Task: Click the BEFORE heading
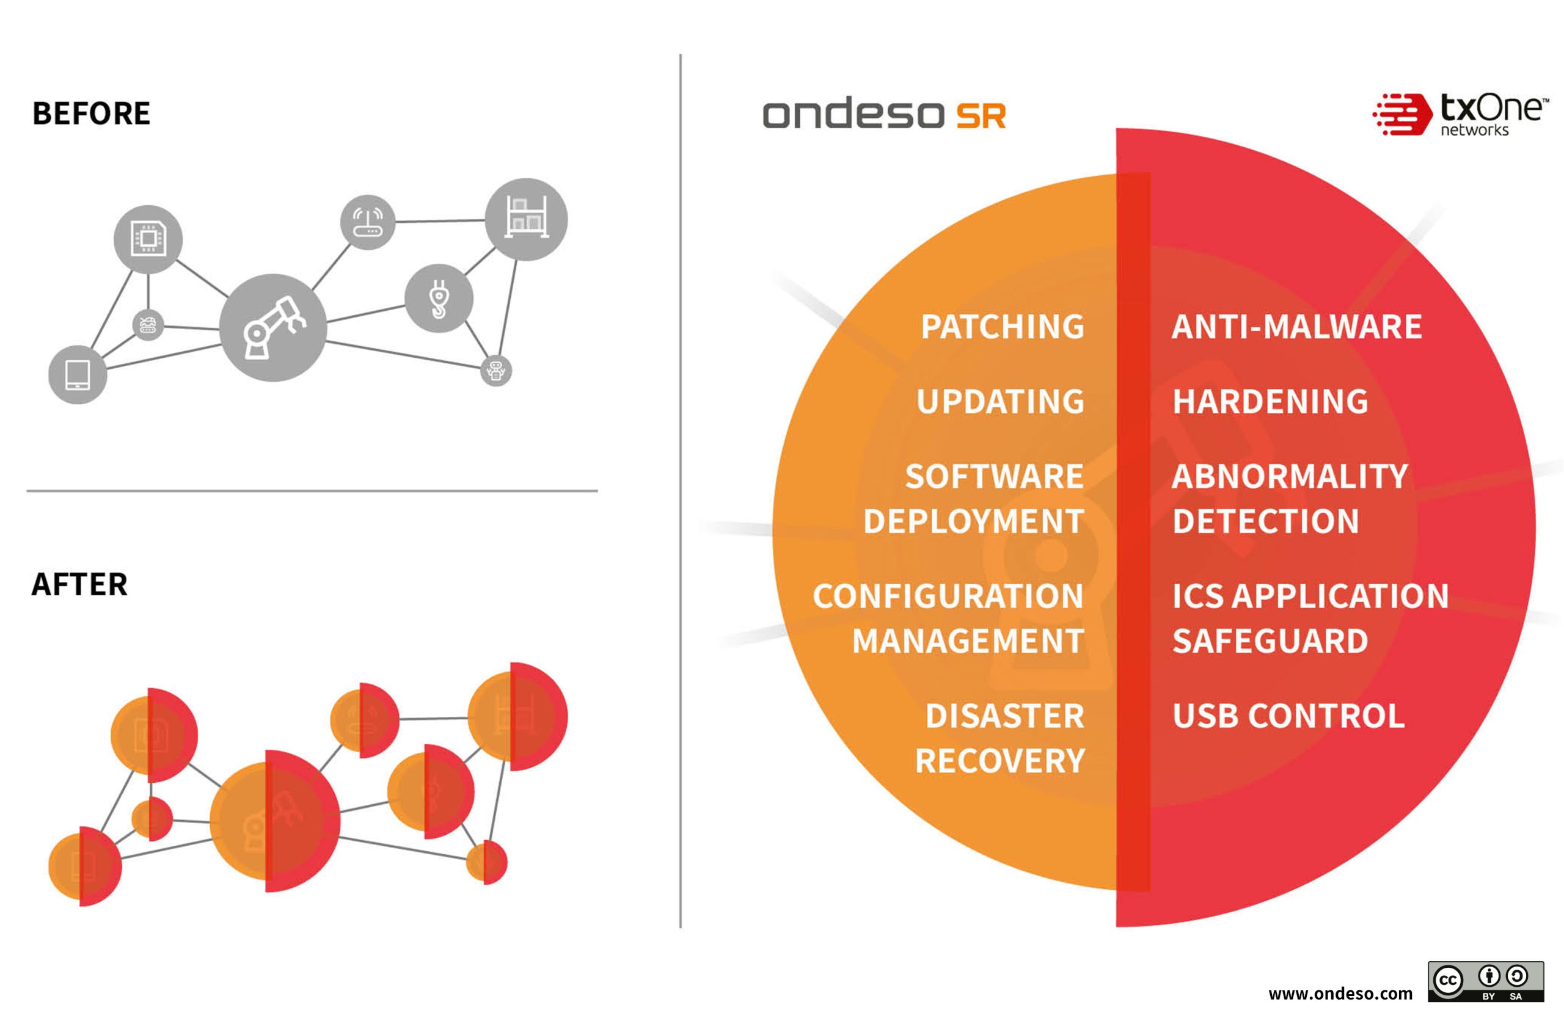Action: (x=92, y=114)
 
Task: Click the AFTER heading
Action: (x=79, y=584)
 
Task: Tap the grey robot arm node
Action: (x=272, y=327)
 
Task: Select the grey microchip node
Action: (x=148, y=238)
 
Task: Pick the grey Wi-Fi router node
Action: (x=367, y=222)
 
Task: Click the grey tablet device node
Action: (x=78, y=374)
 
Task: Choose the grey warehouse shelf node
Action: (x=527, y=219)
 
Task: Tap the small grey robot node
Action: (x=495, y=371)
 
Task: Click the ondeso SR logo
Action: (x=884, y=114)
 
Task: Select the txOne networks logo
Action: (x=1460, y=114)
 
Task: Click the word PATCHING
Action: (x=1003, y=327)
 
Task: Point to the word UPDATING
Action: (x=1000, y=402)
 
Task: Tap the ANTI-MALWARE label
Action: (x=1296, y=327)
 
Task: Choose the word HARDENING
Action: (x=1270, y=402)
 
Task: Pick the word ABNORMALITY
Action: (x=1290, y=477)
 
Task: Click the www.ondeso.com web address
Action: (x=1340, y=993)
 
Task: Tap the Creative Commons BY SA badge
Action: (x=1486, y=981)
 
